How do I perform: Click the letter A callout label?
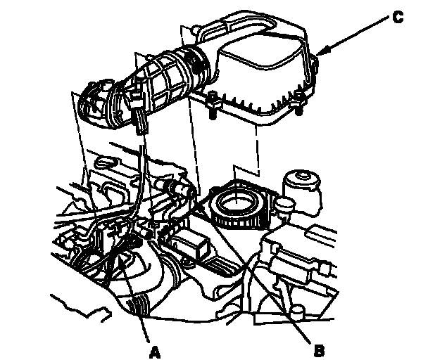(154, 352)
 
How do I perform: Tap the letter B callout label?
(319, 350)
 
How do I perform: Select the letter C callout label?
(398, 17)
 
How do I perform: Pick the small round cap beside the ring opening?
(285, 204)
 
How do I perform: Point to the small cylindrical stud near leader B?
(298, 312)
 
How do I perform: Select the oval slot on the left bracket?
(106, 162)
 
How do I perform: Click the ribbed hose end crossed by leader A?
(139, 305)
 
